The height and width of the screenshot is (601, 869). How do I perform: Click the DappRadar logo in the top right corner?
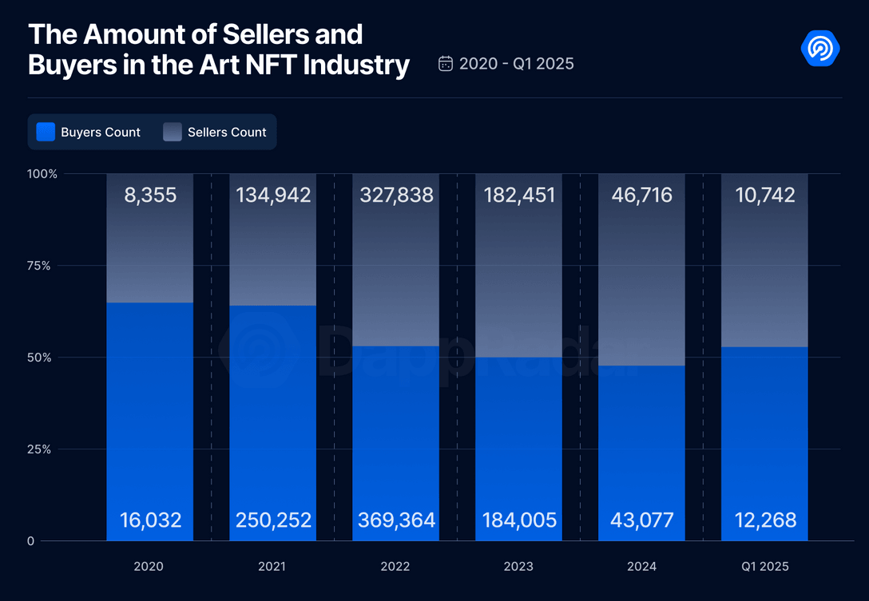(820, 49)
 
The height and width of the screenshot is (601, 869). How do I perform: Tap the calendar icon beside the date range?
(446, 64)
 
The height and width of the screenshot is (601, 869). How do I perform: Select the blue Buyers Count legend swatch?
(46, 132)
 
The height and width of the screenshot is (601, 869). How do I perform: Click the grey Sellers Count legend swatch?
(173, 132)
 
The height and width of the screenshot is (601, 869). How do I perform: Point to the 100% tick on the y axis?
(42, 174)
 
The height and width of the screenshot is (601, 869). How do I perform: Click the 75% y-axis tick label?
(38, 266)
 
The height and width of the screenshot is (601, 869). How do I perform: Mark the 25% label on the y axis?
(38, 449)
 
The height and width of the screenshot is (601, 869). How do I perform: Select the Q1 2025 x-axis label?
(764, 566)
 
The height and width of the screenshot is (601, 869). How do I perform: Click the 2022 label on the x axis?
(395, 566)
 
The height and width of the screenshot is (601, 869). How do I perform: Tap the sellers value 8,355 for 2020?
(150, 196)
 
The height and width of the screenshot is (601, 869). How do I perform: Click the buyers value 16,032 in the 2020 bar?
(150, 520)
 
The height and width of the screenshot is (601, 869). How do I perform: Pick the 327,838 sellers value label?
(396, 196)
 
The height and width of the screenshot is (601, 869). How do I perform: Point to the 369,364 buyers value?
(396, 520)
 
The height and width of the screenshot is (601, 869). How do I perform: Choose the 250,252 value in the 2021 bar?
(273, 520)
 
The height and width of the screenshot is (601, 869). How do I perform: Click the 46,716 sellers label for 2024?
(641, 196)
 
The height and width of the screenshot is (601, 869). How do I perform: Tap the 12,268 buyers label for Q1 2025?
(764, 520)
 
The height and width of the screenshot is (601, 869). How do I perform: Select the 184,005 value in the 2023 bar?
(519, 520)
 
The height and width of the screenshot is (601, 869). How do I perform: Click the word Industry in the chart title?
(356, 64)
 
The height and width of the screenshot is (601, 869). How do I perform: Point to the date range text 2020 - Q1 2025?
(516, 64)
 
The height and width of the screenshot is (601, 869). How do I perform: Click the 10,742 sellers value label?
(764, 196)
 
